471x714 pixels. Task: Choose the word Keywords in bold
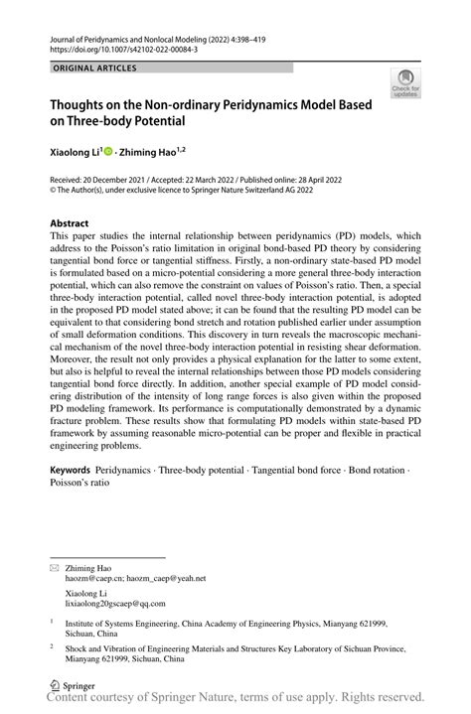click(75, 466)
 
